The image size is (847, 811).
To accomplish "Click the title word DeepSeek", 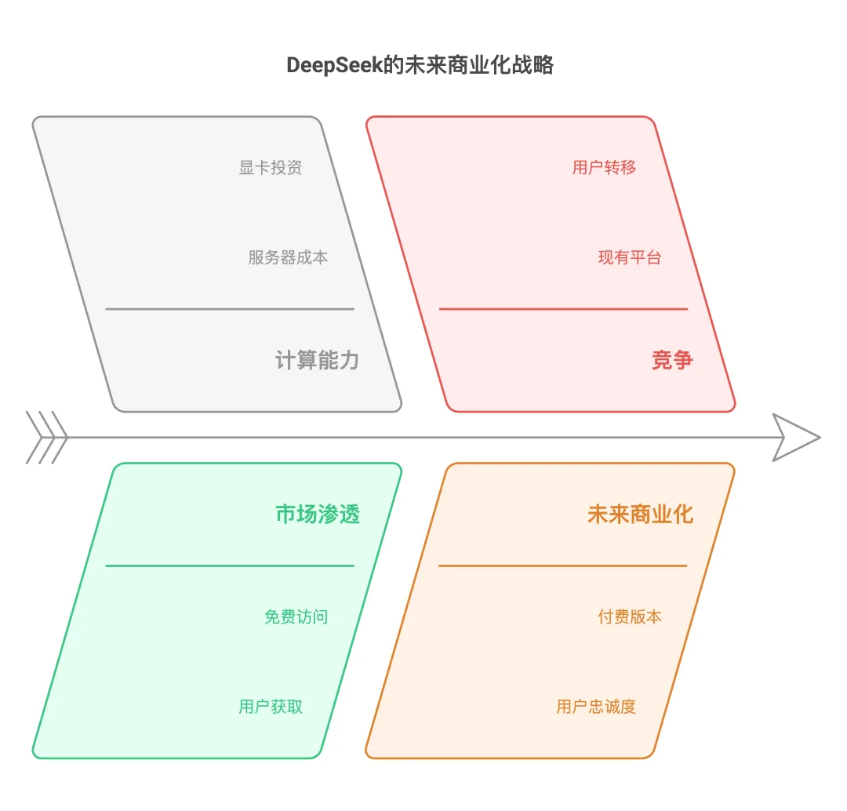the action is (x=334, y=65).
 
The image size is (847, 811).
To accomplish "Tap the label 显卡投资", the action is (x=270, y=168).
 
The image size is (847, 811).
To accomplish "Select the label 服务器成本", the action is (x=288, y=257).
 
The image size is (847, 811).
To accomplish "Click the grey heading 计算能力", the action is (x=317, y=360).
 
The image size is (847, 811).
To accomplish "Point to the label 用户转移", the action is (x=604, y=168).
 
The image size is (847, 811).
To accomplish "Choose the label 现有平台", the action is (x=629, y=257).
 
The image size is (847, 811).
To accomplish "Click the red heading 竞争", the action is (x=672, y=360).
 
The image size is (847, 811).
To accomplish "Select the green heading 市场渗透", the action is (x=318, y=514).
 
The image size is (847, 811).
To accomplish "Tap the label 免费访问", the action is (x=296, y=616).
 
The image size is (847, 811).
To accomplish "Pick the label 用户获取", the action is (x=271, y=706).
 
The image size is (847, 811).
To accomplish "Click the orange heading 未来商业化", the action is (x=640, y=514).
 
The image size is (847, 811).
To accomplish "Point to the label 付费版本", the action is (x=629, y=616).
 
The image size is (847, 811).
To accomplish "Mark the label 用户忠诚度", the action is (x=596, y=706).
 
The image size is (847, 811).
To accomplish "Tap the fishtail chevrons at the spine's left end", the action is (x=46, y=438).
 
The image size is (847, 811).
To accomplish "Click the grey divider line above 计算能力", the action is (x=230, y=309).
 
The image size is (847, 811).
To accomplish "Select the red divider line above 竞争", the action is (x=563, y=309).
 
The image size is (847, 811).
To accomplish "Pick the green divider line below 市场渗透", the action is (x=230, y=566).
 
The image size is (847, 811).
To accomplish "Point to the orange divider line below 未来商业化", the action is (x=563, y=566).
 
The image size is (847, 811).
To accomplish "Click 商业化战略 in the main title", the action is (x=500, y=65).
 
